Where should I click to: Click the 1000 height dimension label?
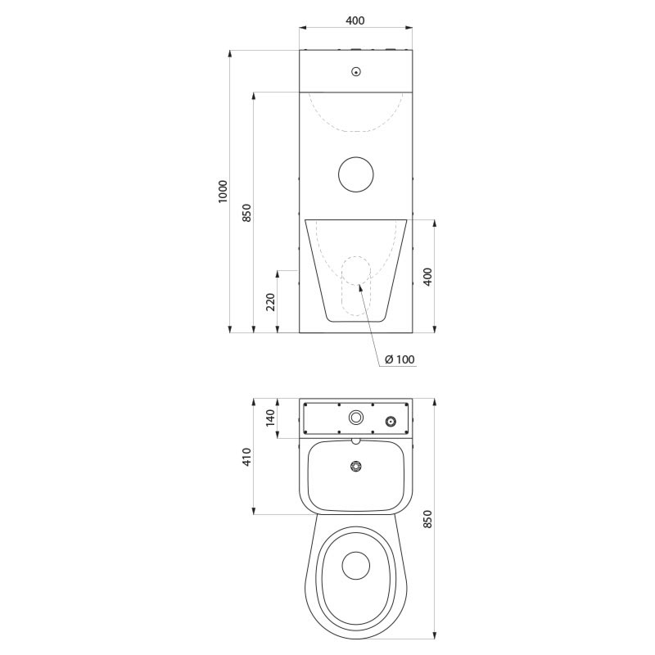pos(224,192)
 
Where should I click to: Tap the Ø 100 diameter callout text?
pos(399,359)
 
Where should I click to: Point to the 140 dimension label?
pos(271,418)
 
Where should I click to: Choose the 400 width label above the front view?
pos(355,20)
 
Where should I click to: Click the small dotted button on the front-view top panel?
pos(355,72)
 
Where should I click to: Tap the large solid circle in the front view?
pos(356,174)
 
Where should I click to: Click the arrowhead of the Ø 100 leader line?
pos(358,287)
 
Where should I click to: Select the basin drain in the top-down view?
pos(355,467)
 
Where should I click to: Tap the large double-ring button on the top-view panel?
pos(356,417)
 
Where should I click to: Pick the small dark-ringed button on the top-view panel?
pos(391,421)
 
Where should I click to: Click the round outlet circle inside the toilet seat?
pos(355,564)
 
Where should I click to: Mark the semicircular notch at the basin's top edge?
pos(355,440)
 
